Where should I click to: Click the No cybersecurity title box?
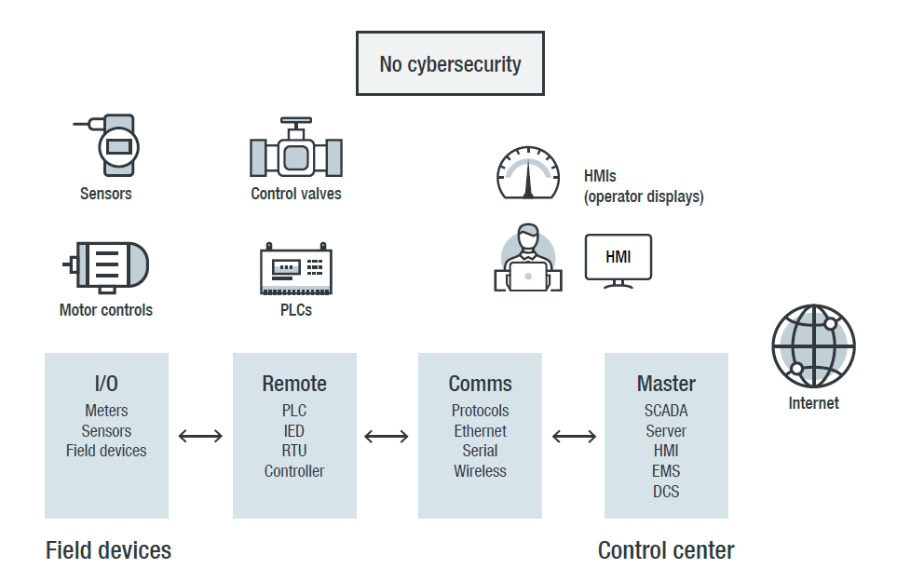(450, 64)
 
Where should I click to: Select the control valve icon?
(296, 149)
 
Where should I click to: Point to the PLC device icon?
(295, 269)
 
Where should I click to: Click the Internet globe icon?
(813, 345)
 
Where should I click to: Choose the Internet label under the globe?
(813, 403)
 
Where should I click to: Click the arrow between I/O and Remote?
(200, 436)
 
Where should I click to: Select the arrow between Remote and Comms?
(387, 436)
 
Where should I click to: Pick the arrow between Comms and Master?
(574, 436)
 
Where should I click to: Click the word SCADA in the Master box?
(666, 411)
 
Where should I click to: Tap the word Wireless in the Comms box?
(480, 471)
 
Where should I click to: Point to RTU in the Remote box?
(294, 451)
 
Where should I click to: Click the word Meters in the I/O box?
(106, 411)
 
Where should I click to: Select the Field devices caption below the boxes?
(108, 550)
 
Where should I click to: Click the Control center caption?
(666, 550)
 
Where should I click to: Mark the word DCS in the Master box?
(666, 491)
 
